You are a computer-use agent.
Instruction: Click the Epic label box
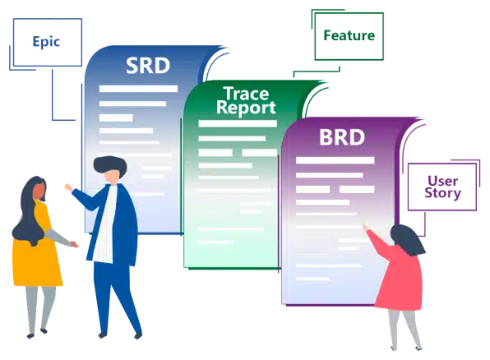[48, 42]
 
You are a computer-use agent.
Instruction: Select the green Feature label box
[349, 36]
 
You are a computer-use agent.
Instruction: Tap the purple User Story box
[442, 187]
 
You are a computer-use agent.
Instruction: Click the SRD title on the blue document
[148, 66]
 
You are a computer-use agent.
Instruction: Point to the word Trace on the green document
[246, 94]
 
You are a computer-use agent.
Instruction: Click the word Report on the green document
[246, 108]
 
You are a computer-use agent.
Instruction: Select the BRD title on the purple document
[342, 137]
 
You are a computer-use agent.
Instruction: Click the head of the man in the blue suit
[110, 169]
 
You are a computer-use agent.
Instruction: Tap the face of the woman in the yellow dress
[39, 192]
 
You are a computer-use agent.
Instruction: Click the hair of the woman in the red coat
[407, 239]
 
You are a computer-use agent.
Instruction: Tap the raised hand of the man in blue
[68, 187]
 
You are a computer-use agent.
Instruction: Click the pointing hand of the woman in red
[365, 227]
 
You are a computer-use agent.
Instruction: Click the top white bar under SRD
[138, 89]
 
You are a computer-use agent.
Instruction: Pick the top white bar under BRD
[335, 160]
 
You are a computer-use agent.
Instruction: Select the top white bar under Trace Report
[238, 124]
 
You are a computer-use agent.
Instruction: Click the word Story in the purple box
[442, 193]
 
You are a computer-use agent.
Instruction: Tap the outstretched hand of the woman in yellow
[74, 244]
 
